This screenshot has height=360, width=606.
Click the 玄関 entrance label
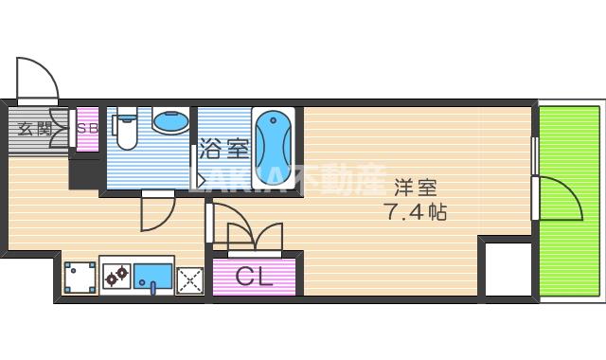[34, 128]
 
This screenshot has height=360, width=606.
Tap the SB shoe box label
[87, 128]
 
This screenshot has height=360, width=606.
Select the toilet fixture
[126, 132]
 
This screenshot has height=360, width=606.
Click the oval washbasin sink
[169, 123]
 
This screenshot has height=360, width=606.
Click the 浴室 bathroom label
[223, 149]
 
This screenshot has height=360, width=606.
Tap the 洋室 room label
[416, 187]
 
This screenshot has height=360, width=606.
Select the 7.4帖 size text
[416, 211]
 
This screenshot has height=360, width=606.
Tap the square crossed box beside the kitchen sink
[190, 279]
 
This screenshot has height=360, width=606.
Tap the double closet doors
[248, 235]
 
